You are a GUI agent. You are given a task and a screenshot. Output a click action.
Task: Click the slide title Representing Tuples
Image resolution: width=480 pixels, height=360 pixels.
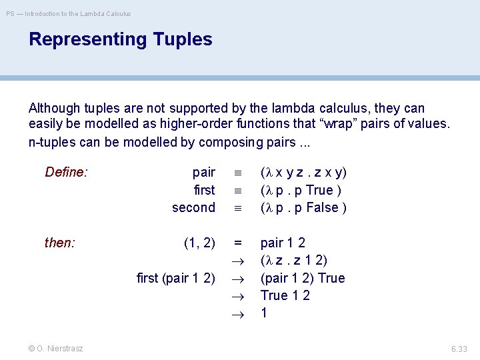[120, 39]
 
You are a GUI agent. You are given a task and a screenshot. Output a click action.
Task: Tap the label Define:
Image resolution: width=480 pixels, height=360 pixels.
[66, 173]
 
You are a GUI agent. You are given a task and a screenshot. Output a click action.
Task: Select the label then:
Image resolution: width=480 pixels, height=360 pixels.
[60, 243]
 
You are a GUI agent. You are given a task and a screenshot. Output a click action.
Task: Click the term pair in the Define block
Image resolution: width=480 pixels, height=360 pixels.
[203, 173]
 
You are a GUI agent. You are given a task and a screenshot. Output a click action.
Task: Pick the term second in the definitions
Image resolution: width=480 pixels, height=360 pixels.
[193, 207]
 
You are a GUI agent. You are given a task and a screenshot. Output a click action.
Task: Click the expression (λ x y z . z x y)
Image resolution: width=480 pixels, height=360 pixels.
[303, 173]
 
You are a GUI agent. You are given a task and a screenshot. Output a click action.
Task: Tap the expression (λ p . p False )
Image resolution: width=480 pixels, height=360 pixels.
[303, 207]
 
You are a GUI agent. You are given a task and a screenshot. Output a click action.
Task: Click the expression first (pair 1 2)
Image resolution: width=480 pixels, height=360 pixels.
[175, 278]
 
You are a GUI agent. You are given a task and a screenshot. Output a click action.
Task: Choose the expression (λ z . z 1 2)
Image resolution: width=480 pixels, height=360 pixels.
[293, 260]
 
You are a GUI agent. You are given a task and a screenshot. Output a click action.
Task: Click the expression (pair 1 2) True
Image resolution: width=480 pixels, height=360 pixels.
[303, 278]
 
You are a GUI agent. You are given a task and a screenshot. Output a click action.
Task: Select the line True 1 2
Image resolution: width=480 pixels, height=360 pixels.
[285, 295]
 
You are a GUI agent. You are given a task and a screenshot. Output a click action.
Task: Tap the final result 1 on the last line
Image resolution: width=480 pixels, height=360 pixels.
[264, 313]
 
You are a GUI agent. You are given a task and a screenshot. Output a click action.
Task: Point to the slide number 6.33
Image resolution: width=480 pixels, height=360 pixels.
[459, 348]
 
